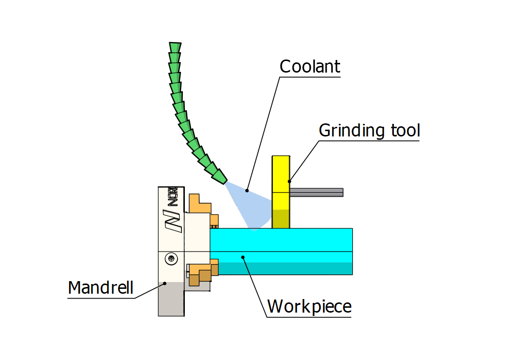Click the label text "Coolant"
point(310,66)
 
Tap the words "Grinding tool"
point(369,130)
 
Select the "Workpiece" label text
point(309,306)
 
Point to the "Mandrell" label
point(101,287)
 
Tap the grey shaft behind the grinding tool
point(316,192)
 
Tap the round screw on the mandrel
point(170,259)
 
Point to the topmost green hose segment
point(175,47)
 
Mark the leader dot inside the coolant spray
point(247,191)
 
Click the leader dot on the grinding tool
point(289,181)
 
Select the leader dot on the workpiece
point(244,257)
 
